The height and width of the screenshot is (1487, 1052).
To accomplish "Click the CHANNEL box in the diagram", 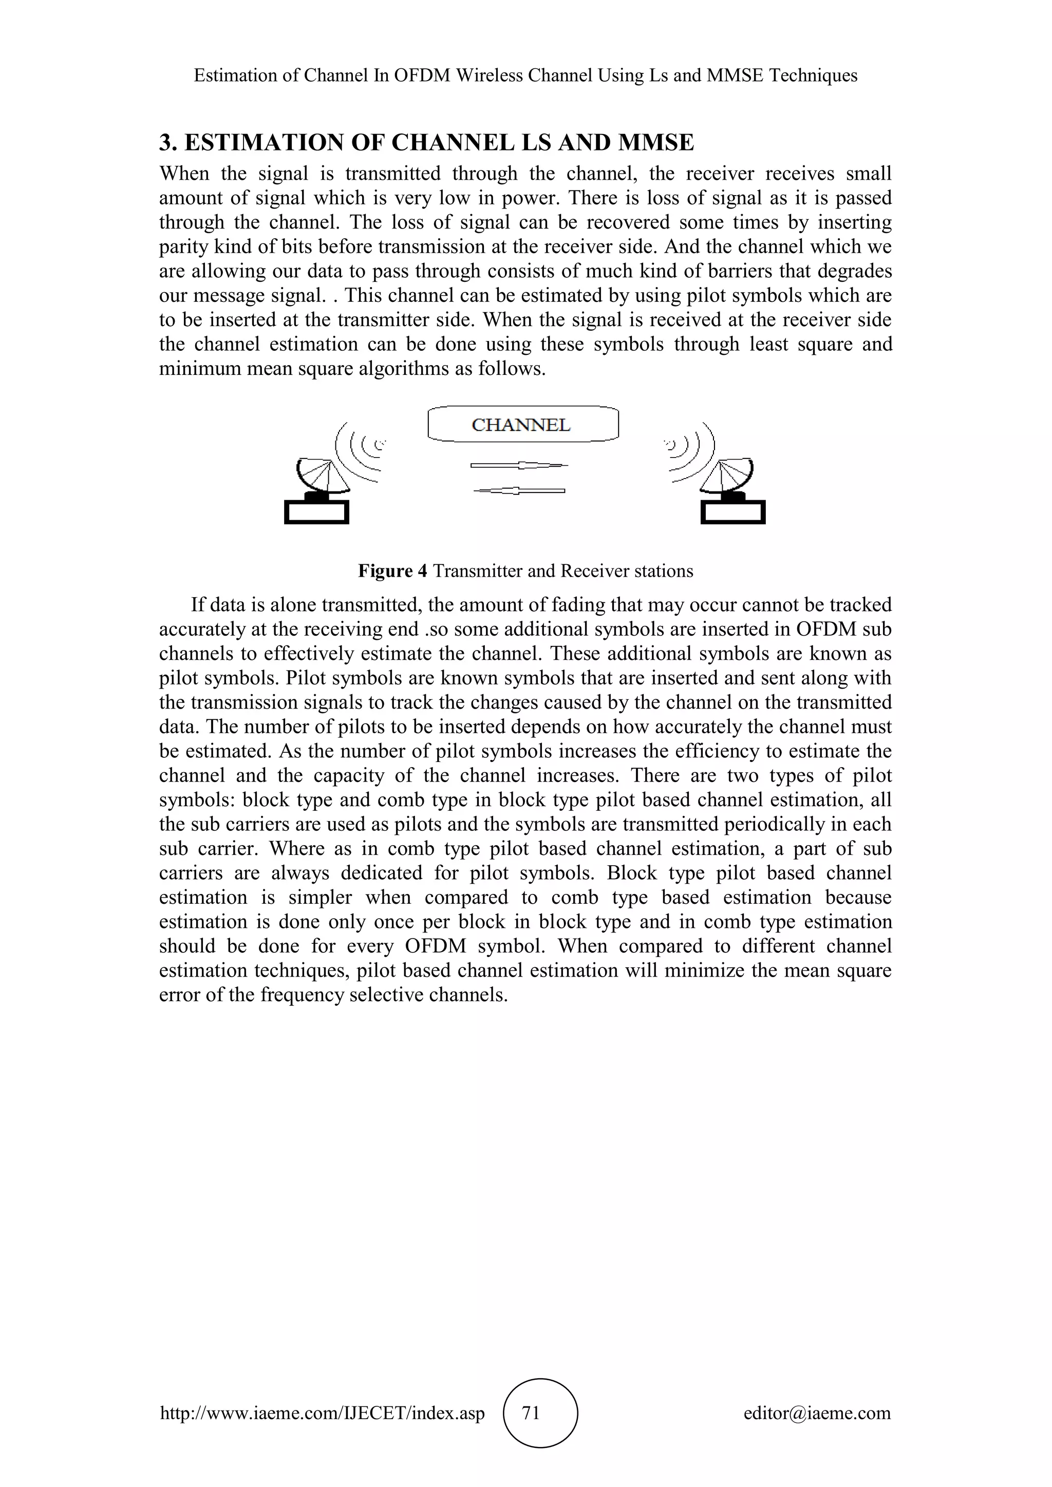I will click(x=523, y=425).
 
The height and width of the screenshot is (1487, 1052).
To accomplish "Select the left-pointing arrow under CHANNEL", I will click(x=519, y=491).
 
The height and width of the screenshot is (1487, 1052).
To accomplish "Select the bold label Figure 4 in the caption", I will click(x=392, y=571).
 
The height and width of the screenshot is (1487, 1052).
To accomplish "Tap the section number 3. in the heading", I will click(x=168, y=142).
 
